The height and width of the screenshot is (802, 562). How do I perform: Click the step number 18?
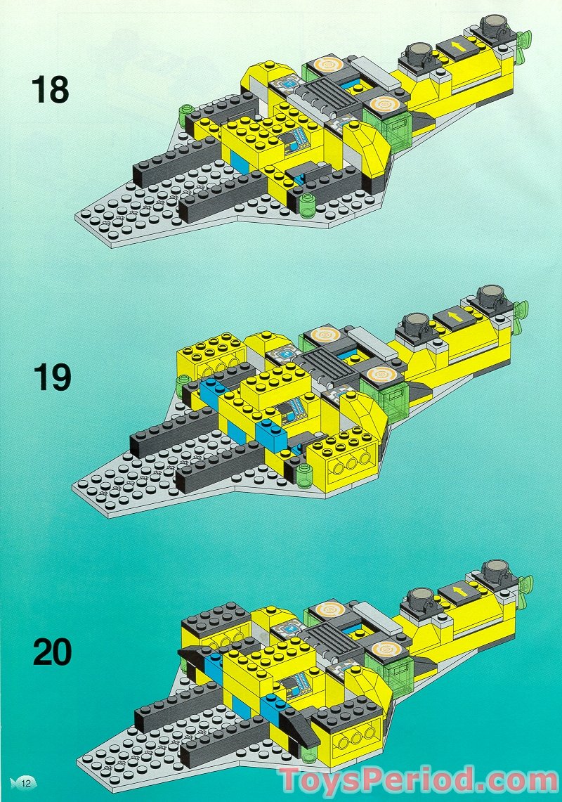50,90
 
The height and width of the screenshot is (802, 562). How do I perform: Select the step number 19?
51,377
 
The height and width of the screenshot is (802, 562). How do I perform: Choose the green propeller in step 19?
521,313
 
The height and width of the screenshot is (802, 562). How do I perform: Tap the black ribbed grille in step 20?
330,637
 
